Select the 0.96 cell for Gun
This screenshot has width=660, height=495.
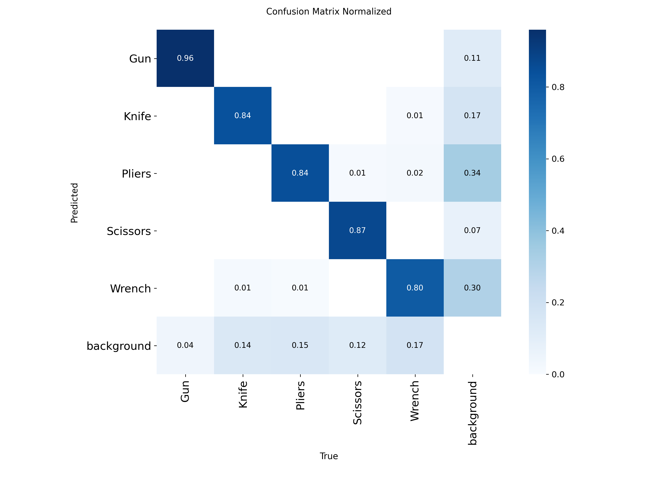point(185,58)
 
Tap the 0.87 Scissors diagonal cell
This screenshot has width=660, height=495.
point(357,230)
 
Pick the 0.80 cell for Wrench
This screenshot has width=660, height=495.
point(415,288)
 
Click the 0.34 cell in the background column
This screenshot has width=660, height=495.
point(472,173)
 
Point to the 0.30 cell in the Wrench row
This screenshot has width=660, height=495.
point(472,288)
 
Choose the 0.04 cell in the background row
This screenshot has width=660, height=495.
point(185,345)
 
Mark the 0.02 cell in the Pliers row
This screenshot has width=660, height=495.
point(415,173)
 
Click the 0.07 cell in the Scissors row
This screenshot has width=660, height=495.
point(472,230)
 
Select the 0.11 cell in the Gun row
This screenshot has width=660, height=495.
point(472,58)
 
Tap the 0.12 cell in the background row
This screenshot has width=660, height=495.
point(357,345)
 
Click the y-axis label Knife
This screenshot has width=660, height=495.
point(137,116)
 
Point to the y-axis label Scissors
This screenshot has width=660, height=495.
point(129,231)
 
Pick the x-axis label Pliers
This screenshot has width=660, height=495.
point(300,395)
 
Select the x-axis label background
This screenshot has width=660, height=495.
point(472,413)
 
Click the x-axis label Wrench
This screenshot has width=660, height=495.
point(415,401)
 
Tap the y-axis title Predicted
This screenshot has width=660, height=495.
point(74,203)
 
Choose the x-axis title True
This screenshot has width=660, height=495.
point(329,456)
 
